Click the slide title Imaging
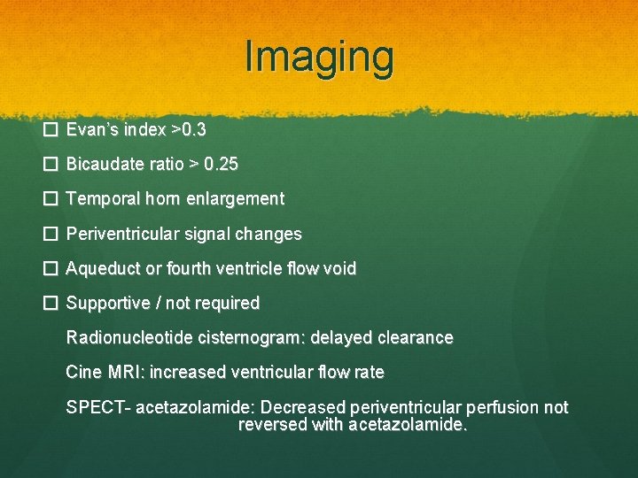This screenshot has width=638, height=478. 319,57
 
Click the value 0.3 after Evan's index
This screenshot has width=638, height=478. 193,130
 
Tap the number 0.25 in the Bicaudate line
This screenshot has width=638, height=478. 221,165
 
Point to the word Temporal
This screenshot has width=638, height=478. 101,199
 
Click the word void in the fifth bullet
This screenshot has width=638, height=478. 340,268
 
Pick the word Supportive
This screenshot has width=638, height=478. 108,304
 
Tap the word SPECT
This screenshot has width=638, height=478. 93,407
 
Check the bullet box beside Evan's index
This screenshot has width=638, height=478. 51,130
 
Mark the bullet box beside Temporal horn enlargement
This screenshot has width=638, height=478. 51,199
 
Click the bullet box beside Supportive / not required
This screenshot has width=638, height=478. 51,304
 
